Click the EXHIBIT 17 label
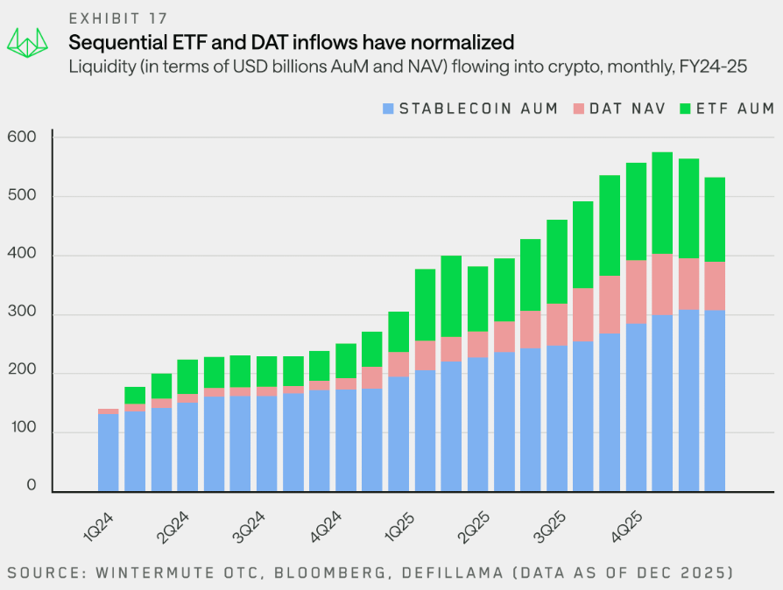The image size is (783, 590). point(118,18)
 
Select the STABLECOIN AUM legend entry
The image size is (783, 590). point(470,109)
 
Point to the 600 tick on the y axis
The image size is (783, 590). point(21,137)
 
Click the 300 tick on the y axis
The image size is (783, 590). point(21,314)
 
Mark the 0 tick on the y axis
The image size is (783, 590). point(32,486)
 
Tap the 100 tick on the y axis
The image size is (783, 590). point(21,432)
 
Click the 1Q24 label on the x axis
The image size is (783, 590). point(99,520)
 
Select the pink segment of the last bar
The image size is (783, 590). point(715,286)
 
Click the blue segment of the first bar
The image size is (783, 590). point(108,453)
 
